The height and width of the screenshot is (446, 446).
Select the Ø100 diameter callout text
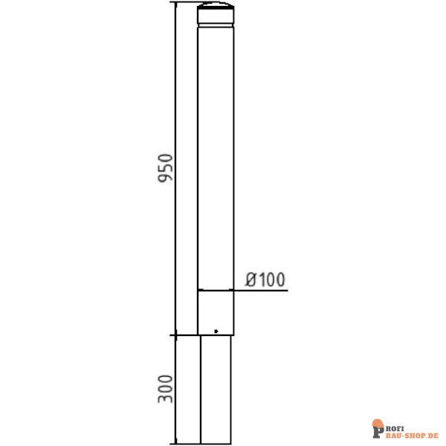[265, 279]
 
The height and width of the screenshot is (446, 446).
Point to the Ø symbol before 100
[251, 279]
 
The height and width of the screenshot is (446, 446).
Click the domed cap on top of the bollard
[216, 13]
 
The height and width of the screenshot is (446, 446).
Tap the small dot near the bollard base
[216, 331]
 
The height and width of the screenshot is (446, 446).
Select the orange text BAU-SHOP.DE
[413, 431]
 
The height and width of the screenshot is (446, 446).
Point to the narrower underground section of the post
[216, 387]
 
